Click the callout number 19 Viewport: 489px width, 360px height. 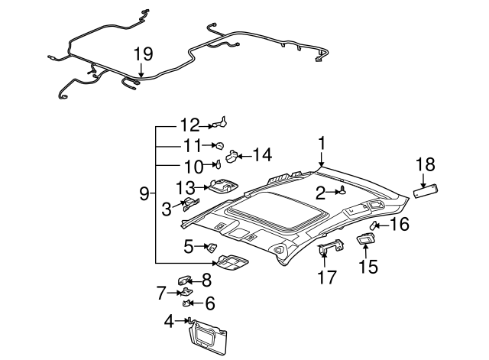[x=143, y=54]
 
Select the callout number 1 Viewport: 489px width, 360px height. [x=322, y=142]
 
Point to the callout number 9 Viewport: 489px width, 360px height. [x=144, y=194]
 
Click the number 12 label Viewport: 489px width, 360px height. [x=189, y=124]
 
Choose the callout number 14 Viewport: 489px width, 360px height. [x=261, y=155]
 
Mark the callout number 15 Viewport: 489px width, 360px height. [x=368, y=266]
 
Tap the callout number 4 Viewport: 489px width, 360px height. [x=169, y=321]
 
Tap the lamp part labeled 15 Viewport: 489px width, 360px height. [x=365, y=240]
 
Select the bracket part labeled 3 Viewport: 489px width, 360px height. [x=190, y=204]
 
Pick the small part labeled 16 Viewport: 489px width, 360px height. [x=376, y=226]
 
